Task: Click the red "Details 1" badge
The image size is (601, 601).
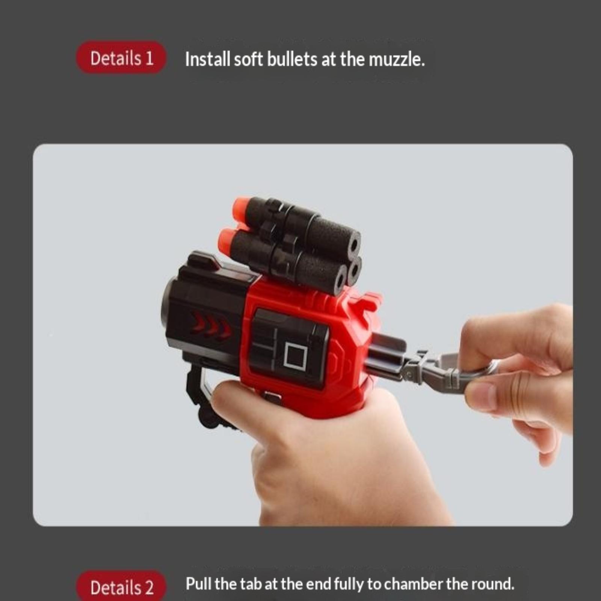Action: tap(121, 57)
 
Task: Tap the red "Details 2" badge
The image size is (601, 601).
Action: tap(121, 586)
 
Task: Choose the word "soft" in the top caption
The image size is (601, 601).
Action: tap(248, 59)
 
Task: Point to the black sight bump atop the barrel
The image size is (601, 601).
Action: tap(203, 260)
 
